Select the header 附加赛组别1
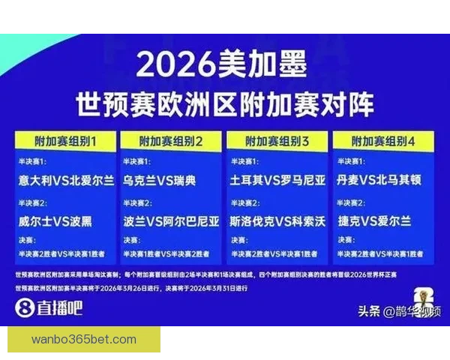click(x=65, y=141)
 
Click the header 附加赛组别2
click(x=172, y=141)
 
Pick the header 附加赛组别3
click(x=277, y=141)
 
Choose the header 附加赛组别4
click(x=383, y=141)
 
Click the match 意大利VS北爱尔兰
click(x=67, y=181)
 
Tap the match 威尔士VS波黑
click(x=57, y=221)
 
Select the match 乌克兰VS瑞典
click(x=159, y=181)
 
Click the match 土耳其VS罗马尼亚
click(x=277, y=181)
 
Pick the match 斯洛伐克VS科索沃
click(x=277, y=221)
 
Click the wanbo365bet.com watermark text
click(x=84, y=340)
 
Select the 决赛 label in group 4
click(x=346, y=241)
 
